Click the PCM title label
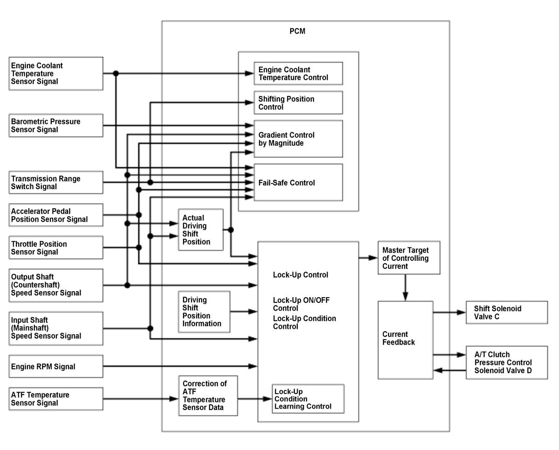pyautogui.click(x=297, y=31)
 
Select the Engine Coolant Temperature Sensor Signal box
pyautogui.click(x=56, y=74)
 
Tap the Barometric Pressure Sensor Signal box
pyautogui.click(x=56, y=125)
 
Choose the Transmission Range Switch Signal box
pyautogui.click(x=56, y=183)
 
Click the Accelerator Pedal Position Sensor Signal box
pyautogui.click(x=56, y=215)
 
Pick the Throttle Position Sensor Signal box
pyautogui.click(x=56, y=248)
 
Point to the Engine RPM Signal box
pyautogui.click(x=56, y=366)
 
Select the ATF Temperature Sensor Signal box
pyautogui.click(x=56, y=399)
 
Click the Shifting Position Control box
pyautogui.click(x=298, y=102)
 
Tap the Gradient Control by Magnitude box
pyautogui.click(x=298, y=139)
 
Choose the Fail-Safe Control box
pyautogui.click(x=298, y=183)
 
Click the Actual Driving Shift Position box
pyautogui.click(x=200, y=230)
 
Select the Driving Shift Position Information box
pyautogui.click(x=204, y=312)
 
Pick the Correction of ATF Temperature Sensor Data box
pyautogui.click(x=208, y=395)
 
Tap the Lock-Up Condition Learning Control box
pyautogui.click(x=308, y=399)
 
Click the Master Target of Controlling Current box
pyautogui.click(x=409, y=258)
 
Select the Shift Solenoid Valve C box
pyautogui.click(x=507, y=312)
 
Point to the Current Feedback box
pyautogui.click(x=405, y=340)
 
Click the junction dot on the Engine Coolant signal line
pyautogui.click(x=116, y=74)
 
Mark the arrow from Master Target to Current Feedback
pyautogui.click(x=405, y=287)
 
